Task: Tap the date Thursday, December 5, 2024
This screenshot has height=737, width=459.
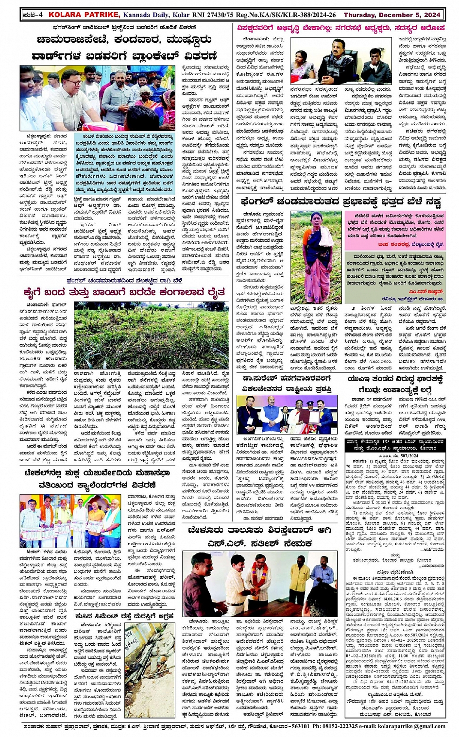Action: click(406, 15)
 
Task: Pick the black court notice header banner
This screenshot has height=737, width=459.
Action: click(395, 444)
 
